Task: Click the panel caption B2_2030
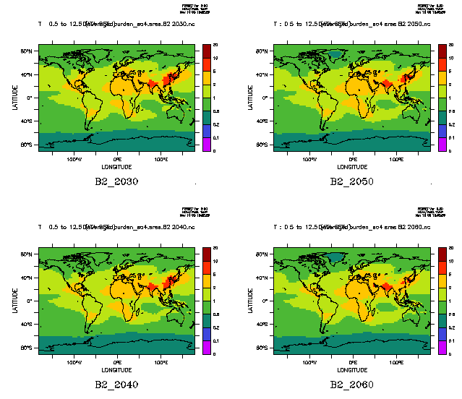[x=116, y=181]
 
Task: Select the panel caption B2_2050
[x=351, y=181]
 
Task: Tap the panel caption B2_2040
[x=116, y=384]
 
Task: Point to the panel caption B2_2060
[x=351, y=384]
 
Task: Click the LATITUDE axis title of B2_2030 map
[x=14, y=98]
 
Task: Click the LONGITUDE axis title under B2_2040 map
[x=116, y=369]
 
